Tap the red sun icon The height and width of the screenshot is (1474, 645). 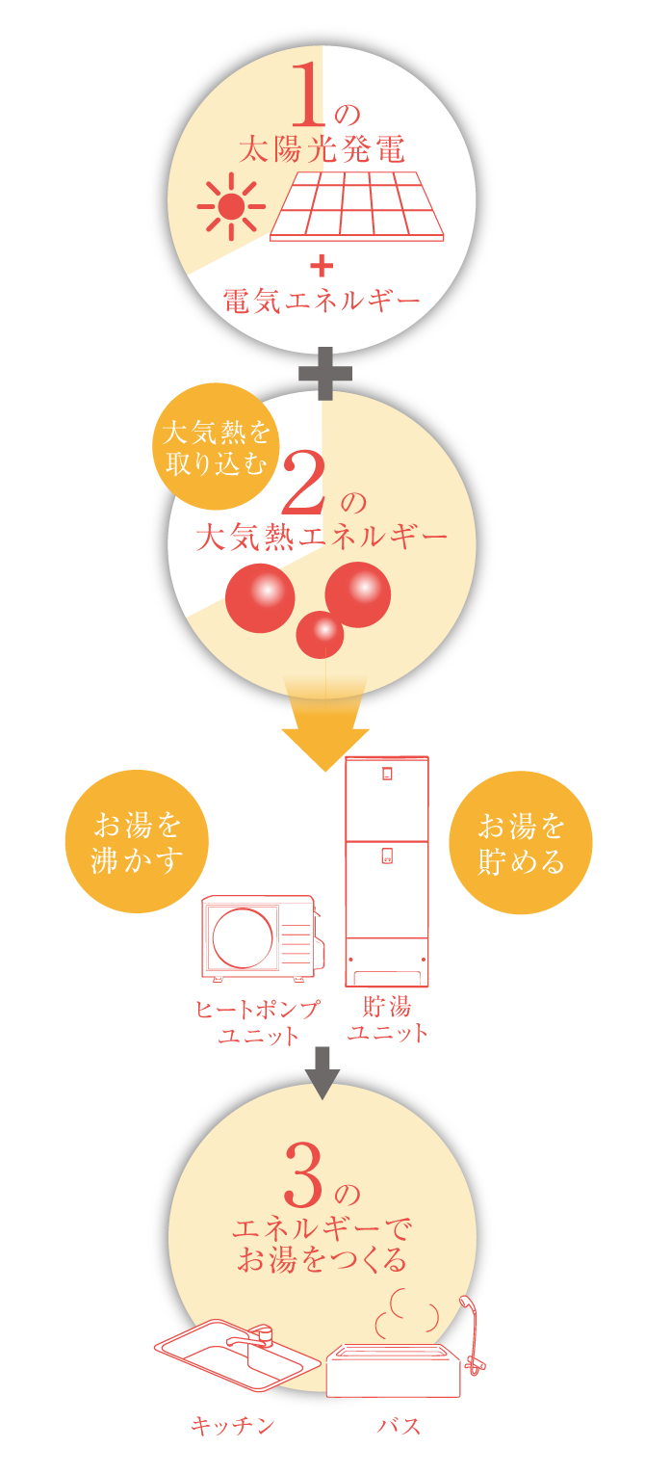point(231,206)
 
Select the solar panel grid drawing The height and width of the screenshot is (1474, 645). point(357,205)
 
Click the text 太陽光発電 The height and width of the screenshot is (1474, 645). point(322,149)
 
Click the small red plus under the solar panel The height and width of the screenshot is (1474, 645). point(322,265)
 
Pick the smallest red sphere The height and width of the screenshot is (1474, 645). point(320,634)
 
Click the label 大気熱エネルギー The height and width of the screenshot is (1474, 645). point(322,537)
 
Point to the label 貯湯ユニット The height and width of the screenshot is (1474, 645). point(387,1020)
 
